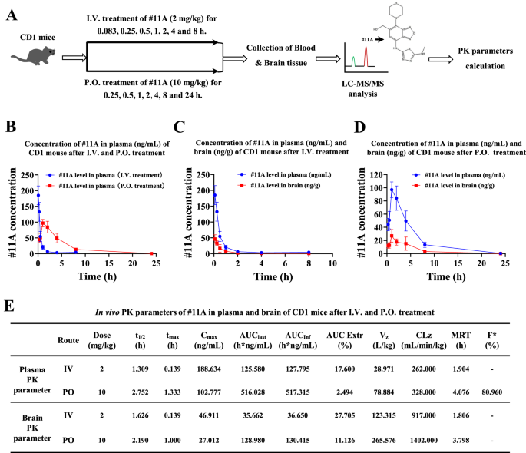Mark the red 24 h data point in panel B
tap(151, 253)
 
